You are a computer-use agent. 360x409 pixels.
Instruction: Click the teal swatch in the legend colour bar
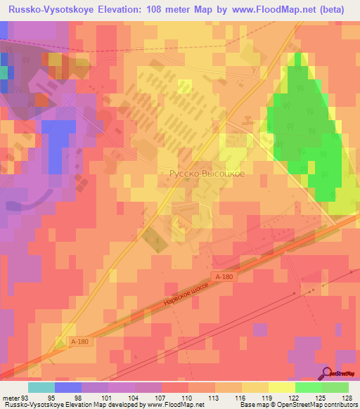[41, 387]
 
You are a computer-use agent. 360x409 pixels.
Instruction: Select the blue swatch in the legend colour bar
[68, 387]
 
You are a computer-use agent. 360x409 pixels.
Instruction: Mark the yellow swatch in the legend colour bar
[282, 387]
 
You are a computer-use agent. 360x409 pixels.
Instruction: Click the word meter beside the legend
[12, 398]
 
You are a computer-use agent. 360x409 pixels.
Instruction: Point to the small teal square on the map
[4, 72]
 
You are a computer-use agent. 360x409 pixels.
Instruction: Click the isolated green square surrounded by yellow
[185, 86]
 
